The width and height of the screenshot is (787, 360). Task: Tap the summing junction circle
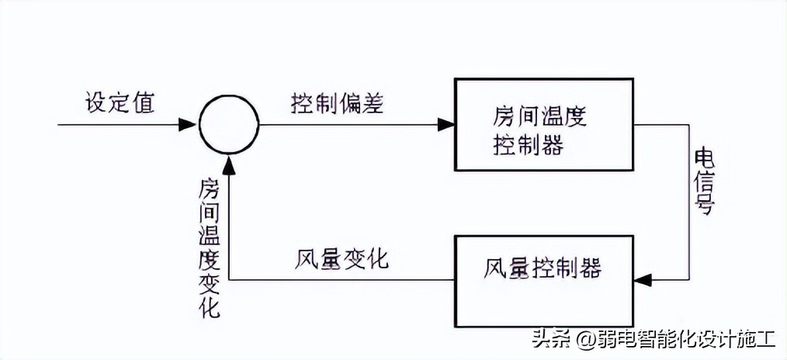coord(228,124)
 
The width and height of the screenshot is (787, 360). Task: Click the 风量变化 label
coord(342,259)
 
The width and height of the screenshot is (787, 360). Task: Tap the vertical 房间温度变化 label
coord(210,248)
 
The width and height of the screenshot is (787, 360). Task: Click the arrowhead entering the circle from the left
coord(188,124)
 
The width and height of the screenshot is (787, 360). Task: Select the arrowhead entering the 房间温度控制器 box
coord(446,124)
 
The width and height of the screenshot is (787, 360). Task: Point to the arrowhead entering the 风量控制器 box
coord(643,279)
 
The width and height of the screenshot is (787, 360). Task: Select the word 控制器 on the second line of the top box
coord(529,144)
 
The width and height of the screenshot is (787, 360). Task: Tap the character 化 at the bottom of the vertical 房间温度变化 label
coord(210,308)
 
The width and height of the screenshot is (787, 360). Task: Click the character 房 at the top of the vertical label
coord(210,189)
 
